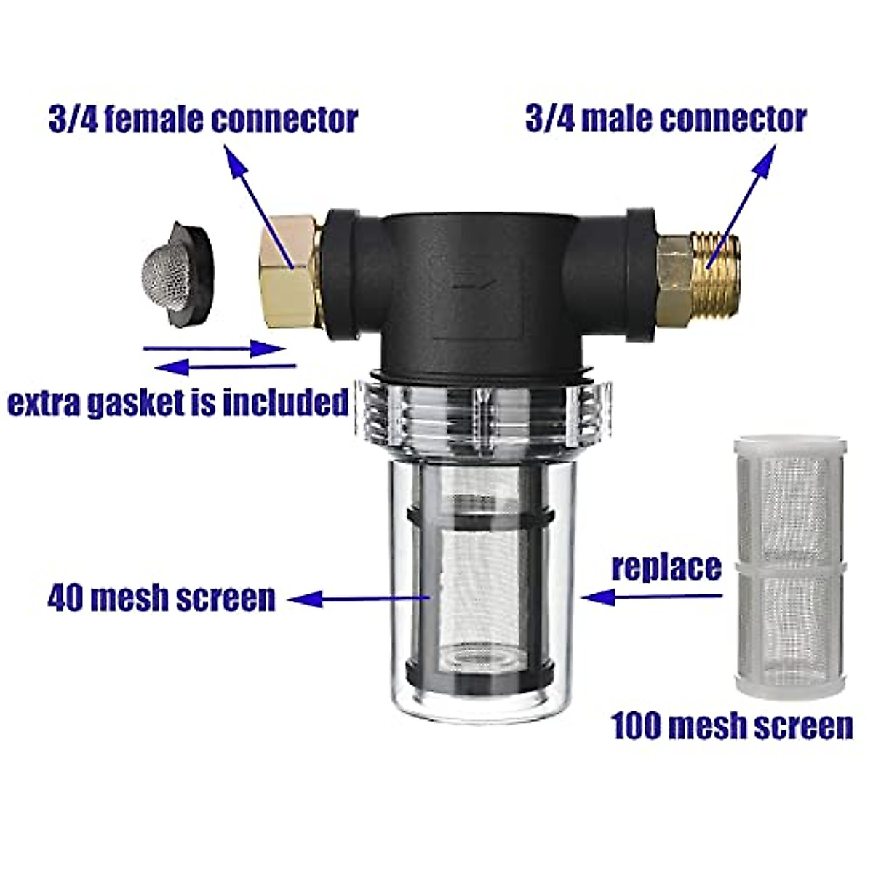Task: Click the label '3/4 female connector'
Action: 203,120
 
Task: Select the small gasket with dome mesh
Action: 177,277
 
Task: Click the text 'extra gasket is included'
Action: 178,402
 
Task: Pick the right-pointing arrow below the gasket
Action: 215,349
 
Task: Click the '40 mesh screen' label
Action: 162,598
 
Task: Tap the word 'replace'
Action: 666,567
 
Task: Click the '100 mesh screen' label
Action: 732,726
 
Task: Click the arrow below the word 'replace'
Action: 652,597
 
